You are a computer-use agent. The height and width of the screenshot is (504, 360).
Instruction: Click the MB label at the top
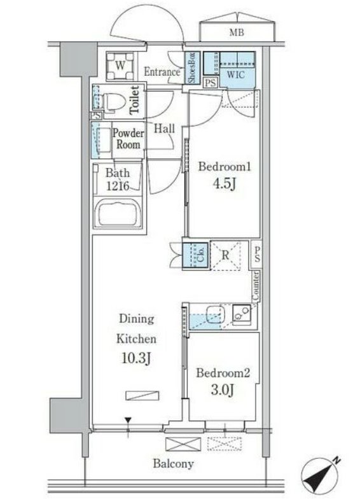237,32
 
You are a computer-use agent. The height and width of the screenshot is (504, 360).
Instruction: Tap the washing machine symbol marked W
120,66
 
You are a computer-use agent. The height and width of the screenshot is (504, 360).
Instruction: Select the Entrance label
162,72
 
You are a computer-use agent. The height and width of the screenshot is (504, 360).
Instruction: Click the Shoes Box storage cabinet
192,67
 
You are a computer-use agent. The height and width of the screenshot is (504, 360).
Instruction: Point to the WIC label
236,74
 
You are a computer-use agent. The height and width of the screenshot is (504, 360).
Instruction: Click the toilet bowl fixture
113,102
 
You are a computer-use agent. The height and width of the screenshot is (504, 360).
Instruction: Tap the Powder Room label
128,139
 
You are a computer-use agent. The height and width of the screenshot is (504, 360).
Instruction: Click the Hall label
164,129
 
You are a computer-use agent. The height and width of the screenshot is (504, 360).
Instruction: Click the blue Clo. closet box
195,255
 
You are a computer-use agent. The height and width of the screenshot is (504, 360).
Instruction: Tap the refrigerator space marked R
225,256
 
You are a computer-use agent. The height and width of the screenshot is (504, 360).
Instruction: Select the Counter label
256,286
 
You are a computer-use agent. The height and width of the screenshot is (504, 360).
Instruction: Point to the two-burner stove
242,314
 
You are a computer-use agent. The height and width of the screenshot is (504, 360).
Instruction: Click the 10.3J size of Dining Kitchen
136,358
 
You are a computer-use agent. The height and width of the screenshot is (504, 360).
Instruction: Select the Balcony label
173,464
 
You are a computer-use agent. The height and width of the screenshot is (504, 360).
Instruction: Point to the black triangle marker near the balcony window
128,420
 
